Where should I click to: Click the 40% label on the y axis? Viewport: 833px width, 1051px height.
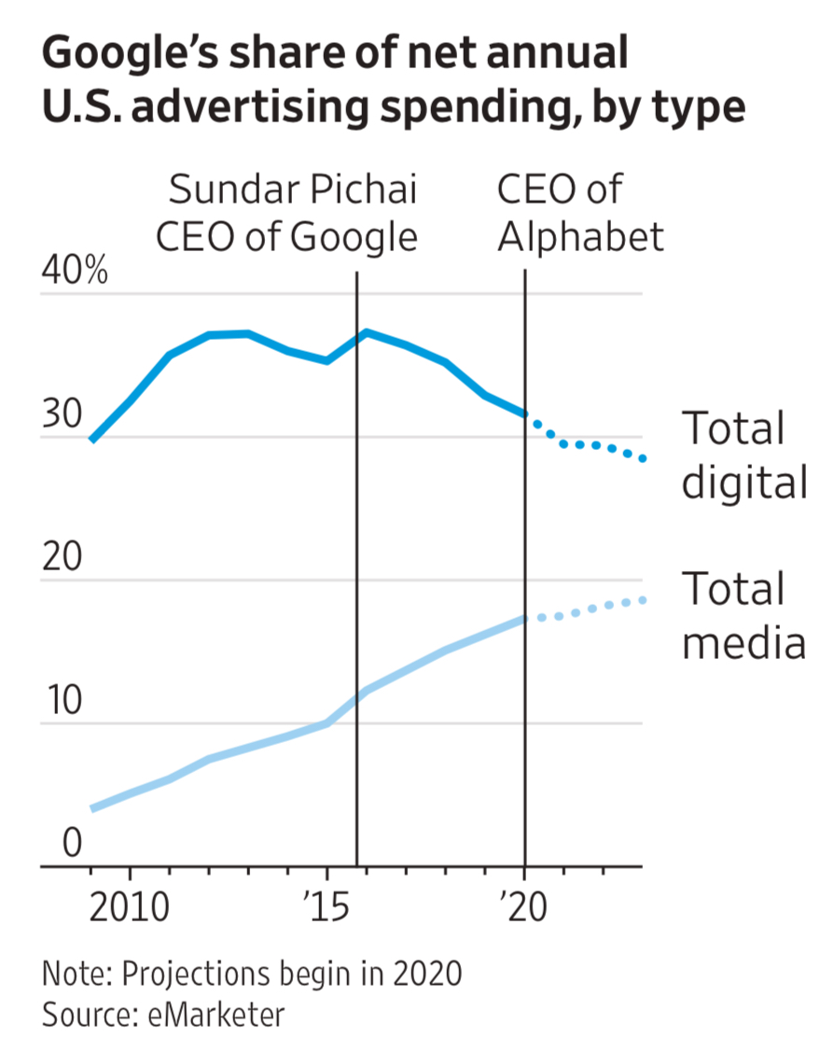(75, 274)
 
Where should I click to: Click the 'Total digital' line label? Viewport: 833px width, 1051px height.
(743, 455)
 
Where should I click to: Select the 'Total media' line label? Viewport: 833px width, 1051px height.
(743, 616)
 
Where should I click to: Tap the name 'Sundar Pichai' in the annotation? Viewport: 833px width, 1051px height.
(293, 190)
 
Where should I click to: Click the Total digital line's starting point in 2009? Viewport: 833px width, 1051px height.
(90, 439)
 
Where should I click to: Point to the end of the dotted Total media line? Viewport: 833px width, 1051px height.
(643, 599)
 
